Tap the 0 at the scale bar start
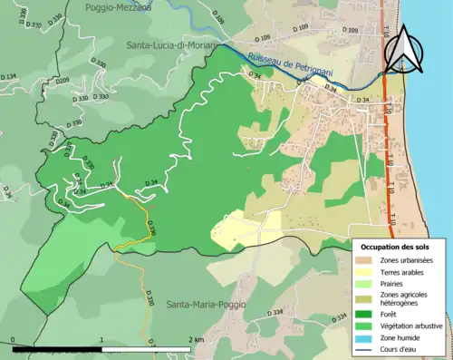click(x=14, y=339)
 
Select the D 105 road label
click(x=217, y=18)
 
